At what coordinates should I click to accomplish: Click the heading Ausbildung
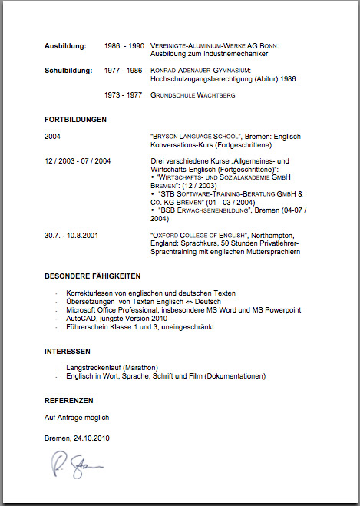click(x=65, y=46)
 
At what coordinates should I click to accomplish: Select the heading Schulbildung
click(x=68, y=70)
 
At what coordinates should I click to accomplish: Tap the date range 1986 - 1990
click(x=124, y=46)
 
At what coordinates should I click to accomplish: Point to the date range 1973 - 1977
click(x=124, y=94)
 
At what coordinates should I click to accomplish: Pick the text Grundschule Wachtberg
click(x=193, y=94)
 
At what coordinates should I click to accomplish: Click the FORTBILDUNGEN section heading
click(x=75, y=119)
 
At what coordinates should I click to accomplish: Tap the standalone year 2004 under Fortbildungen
click(x=52, y=136)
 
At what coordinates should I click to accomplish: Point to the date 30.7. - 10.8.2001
click(x=77, y=234)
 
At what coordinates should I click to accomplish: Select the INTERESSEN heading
click(x=68, y=351)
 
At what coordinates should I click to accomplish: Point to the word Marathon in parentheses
click(x=140, y=368)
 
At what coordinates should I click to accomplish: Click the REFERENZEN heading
click(x=69, y=400)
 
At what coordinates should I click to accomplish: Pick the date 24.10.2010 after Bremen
click(x=91, y=438)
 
